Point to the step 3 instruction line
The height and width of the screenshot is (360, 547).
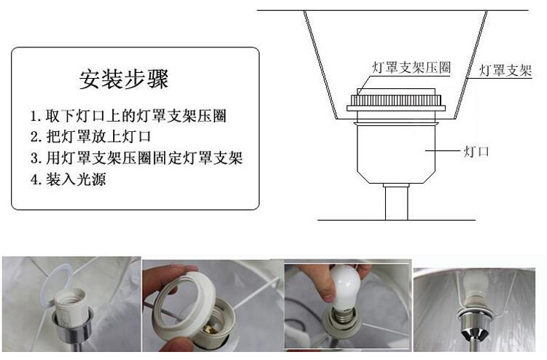pos(136,157)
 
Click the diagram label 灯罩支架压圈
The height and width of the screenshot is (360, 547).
pos(411,68)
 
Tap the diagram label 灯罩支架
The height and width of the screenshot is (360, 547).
pos(505,71)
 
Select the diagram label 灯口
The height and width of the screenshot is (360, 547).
pos(476,151)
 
